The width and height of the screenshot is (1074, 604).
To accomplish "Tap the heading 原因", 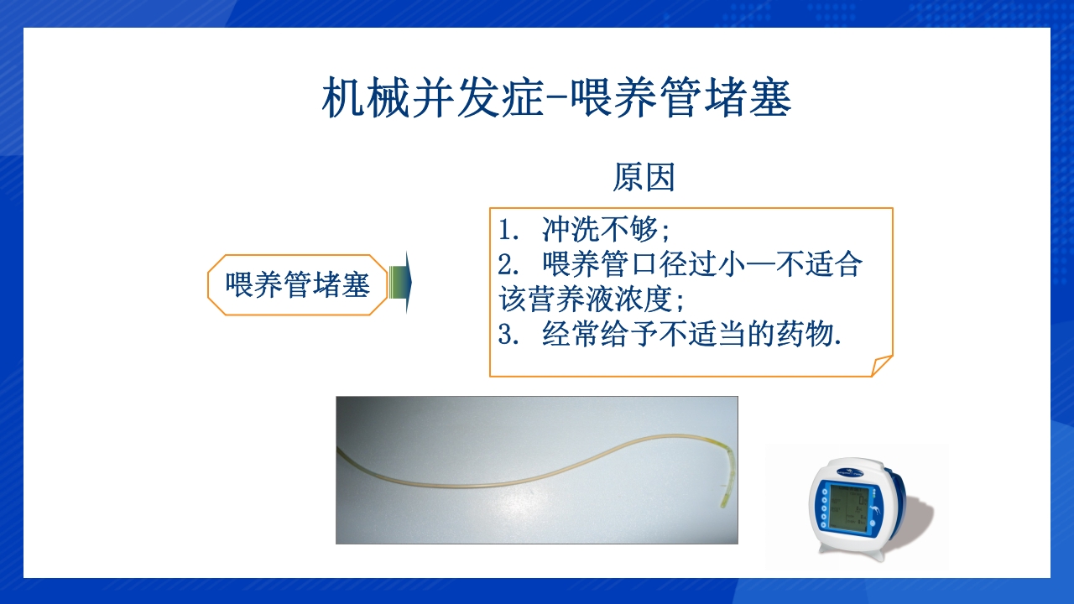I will point(644,178).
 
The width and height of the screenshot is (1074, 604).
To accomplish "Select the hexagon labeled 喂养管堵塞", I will point(298,285).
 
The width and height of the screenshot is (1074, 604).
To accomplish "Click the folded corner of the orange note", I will point(881,366).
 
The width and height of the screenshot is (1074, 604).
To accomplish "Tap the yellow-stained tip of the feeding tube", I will point(722,500).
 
